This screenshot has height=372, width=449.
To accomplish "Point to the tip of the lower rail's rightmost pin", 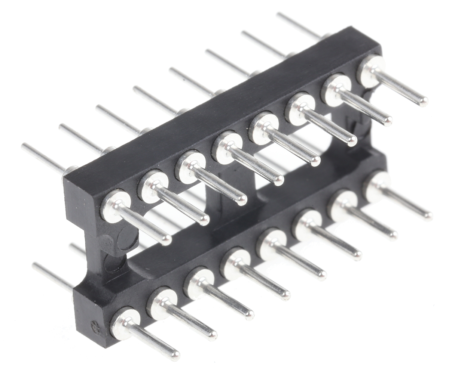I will point(428,216).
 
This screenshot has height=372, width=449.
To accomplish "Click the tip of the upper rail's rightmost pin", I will point(423,101).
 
